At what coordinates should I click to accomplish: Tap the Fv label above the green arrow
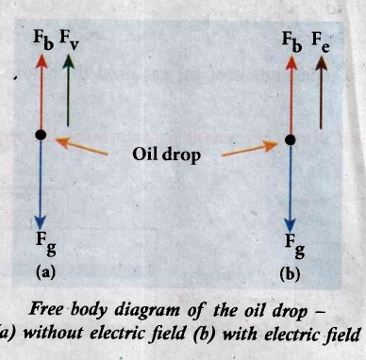(69, 40)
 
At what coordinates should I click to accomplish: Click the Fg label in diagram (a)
(46, 244)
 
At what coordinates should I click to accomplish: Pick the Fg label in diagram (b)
(295, 246)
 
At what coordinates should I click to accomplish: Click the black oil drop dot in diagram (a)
(41, 135)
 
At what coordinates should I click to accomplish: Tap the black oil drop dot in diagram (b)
(290, 139)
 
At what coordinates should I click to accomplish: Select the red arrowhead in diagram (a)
(42, 60)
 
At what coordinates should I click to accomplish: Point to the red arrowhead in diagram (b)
(291, 62)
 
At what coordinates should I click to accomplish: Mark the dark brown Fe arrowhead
(321, 63)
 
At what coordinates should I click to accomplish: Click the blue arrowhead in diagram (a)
(41, 222)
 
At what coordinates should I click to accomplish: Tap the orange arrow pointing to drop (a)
(81, 146)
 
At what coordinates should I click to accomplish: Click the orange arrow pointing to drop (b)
(250, 149)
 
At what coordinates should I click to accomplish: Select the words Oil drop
(166, 155)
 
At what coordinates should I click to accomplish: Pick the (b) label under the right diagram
(290, 274)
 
